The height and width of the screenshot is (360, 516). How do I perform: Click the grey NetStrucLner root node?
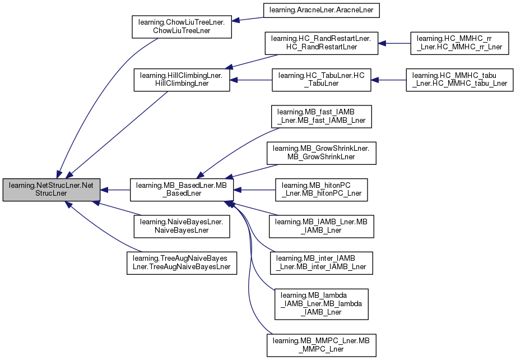click(52, 190)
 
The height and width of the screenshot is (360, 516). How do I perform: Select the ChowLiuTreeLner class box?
click(181, 26)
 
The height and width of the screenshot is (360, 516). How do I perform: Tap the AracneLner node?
click(324, 10)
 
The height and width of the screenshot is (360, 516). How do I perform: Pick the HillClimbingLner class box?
click(182, 80)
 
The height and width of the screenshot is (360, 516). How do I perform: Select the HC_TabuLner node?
click(322, 80)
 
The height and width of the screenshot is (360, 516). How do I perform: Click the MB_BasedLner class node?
click(181, 190)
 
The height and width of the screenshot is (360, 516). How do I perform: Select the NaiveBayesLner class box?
click(182, 227)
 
